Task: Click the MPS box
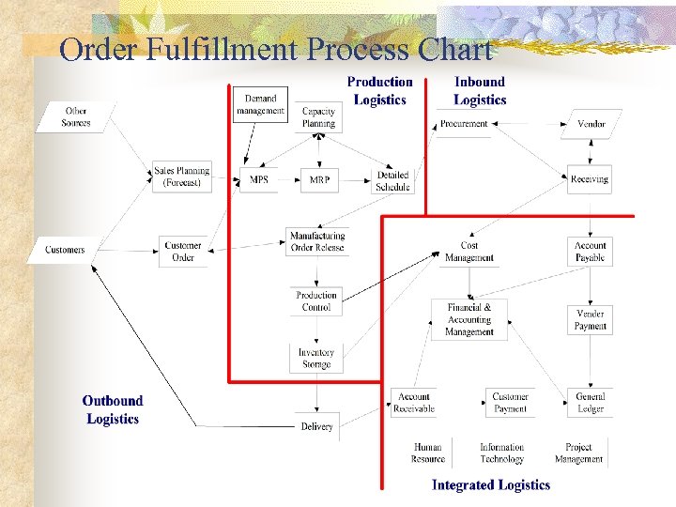(258, 180)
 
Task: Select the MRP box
(318, 180)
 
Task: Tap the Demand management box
(260, 105)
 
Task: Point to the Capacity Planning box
(318, 117)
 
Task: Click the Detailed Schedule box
(392, 180)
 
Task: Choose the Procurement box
(464, 124)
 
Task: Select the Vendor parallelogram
(591, 124)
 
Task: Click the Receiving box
(590, 179)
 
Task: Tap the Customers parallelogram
(65, 250)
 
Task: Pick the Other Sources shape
(76, 117)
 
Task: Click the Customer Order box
(183, 251)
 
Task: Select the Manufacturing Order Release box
(317, 241)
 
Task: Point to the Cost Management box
(469, 252)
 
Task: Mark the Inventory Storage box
(316, 358)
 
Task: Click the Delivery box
(317, 426)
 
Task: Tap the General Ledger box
(591, 402)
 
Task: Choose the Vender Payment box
(591, 320)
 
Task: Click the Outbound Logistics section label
(113, 410)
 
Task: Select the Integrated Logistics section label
(490, 484)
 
